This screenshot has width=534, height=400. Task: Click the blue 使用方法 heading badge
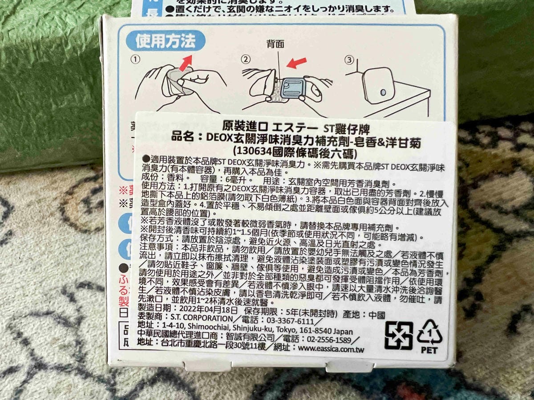click(x=166, y=41)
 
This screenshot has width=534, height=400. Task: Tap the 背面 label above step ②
click(x=275, y=44)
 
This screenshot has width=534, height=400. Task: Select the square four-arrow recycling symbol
click(x=399, y=336)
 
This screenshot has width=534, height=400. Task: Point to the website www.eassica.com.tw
click(x=331, y=349)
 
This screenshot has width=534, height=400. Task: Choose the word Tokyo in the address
click(x=280, y=331)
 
